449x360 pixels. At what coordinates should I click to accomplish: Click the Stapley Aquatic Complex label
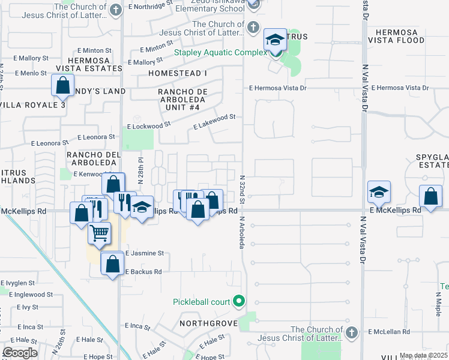[220, 52]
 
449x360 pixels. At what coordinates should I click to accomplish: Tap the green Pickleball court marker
[240, 301]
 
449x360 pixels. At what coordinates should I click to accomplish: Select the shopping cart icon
[99, 232]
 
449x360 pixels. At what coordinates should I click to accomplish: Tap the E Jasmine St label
[145, 253]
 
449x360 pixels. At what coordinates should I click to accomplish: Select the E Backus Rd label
[144, 271]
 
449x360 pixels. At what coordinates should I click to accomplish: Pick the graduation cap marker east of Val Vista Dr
[379, 192]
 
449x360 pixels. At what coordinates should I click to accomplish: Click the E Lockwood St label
[149, 126]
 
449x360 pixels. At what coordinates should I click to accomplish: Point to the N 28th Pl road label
[140, 170]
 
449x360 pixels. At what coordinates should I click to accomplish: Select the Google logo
[20, 353]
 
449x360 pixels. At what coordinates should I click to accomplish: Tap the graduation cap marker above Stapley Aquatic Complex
[275, 41]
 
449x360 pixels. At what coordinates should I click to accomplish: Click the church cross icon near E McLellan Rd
[352, 331]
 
